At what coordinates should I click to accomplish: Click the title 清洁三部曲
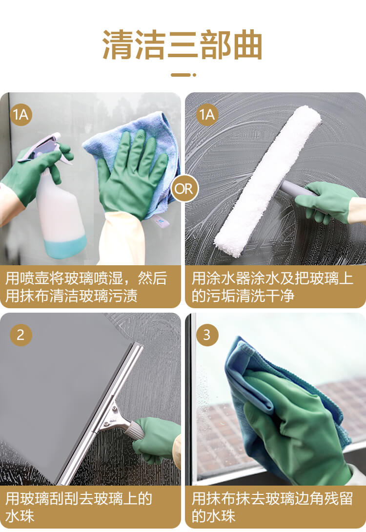(183, 44)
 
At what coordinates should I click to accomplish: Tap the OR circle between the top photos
(183, 189)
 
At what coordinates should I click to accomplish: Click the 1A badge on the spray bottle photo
(20, 115)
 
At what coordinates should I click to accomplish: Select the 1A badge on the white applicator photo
(207, 115)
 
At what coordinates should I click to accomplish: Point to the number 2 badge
(20, 335)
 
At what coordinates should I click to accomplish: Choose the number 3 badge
(207, 335)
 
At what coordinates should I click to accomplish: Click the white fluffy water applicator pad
(268, 180)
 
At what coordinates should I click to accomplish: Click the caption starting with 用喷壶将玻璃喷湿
(86, 287)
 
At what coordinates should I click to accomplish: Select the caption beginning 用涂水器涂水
(272, 287)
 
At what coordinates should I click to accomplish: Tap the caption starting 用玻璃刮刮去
(79, 507)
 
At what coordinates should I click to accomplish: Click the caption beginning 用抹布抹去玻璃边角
(272, 507)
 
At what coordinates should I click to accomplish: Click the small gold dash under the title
(183, 75)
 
